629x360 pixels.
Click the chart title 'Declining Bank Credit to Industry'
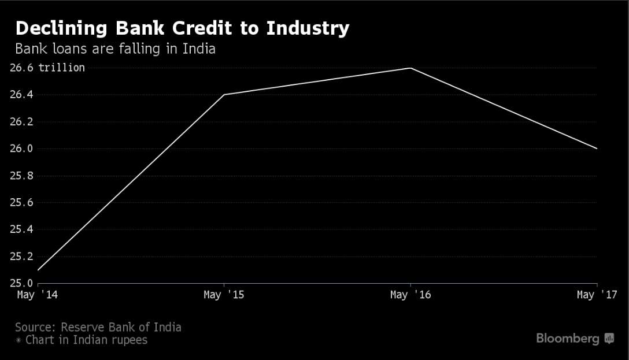tap(182, 28)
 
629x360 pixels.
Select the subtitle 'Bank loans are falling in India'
tap(115, 49)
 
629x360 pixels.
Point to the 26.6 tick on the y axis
tap(21, 68)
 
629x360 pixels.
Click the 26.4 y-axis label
tap(21, 95)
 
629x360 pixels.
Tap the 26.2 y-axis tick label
tap(21, 122)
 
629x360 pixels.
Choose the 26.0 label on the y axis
tap(21, 149)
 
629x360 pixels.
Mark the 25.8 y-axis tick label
tap(21, 176)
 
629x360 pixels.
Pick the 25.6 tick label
tap(21, 203)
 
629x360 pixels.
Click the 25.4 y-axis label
tap(21, 229)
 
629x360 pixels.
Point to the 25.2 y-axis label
tap(21, 257)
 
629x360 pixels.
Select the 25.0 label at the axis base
tap(21, 283)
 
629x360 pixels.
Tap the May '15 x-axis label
tap(224, 295)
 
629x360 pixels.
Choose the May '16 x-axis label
tap(410, 295)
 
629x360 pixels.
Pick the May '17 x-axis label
tap(597, 295)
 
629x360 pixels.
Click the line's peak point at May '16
tap(410, 68)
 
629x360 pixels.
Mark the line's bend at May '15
tap(224, 95)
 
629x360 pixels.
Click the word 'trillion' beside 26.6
tap(61, 68)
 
